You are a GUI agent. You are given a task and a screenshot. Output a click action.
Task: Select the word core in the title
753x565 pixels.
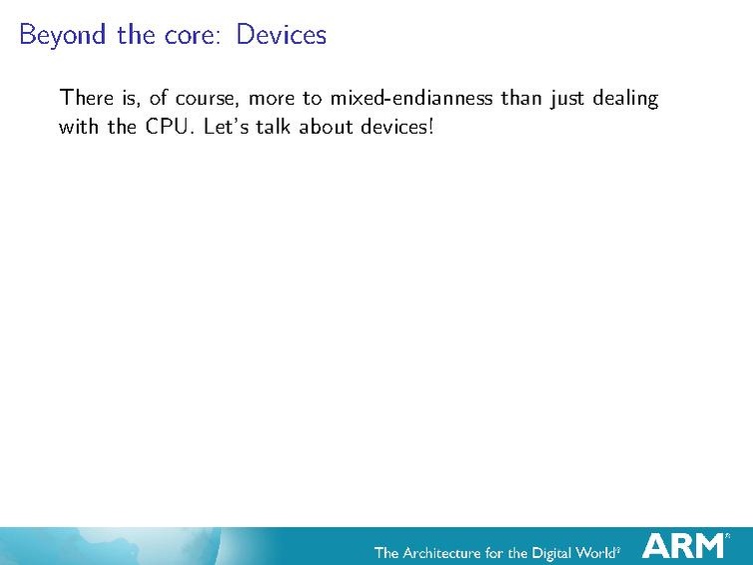(x=194, y=35)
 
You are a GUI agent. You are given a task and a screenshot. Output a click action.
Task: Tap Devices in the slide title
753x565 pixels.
(x=282, y=35)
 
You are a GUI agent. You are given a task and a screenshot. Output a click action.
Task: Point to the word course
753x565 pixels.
(x=205, y=99)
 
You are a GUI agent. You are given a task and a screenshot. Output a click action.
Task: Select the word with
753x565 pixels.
(x=79, y=128)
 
